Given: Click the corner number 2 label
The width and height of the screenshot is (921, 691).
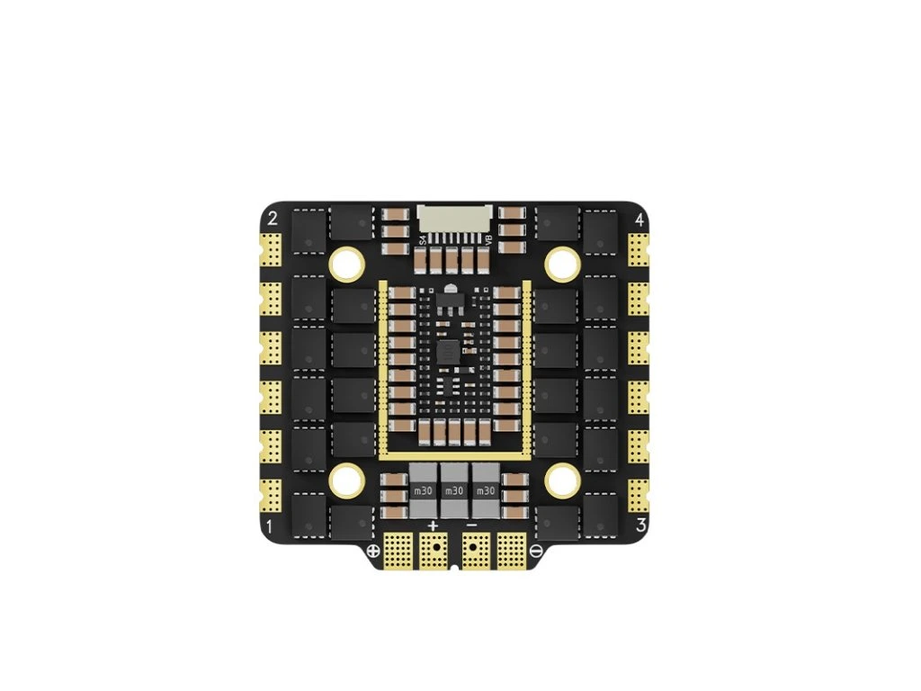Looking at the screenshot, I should pos(273,218).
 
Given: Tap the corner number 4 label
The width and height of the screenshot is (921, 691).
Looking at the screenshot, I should pos(639,219).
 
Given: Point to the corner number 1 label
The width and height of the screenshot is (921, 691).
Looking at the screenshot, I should pos(272,525).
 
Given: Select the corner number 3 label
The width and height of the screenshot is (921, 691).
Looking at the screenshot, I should pos(639,525).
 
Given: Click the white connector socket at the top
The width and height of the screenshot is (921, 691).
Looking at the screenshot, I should pos(454,220).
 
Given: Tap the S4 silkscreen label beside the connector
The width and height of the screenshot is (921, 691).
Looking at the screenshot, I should pos(423,239).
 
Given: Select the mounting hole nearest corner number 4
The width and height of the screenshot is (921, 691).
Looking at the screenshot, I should pos(564,262).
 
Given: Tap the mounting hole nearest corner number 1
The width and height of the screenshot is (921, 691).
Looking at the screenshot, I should pos(346,480).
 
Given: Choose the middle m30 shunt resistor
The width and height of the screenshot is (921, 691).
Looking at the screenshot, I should pos(454,490).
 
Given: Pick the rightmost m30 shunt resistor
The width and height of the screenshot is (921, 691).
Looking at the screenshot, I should pos(486,490).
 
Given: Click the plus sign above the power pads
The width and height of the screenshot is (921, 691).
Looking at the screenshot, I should pos(434,525).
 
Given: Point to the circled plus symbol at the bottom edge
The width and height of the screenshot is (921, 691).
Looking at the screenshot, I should pos(373,550).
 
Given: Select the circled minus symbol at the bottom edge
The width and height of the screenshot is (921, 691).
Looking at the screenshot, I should pos(536,550).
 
